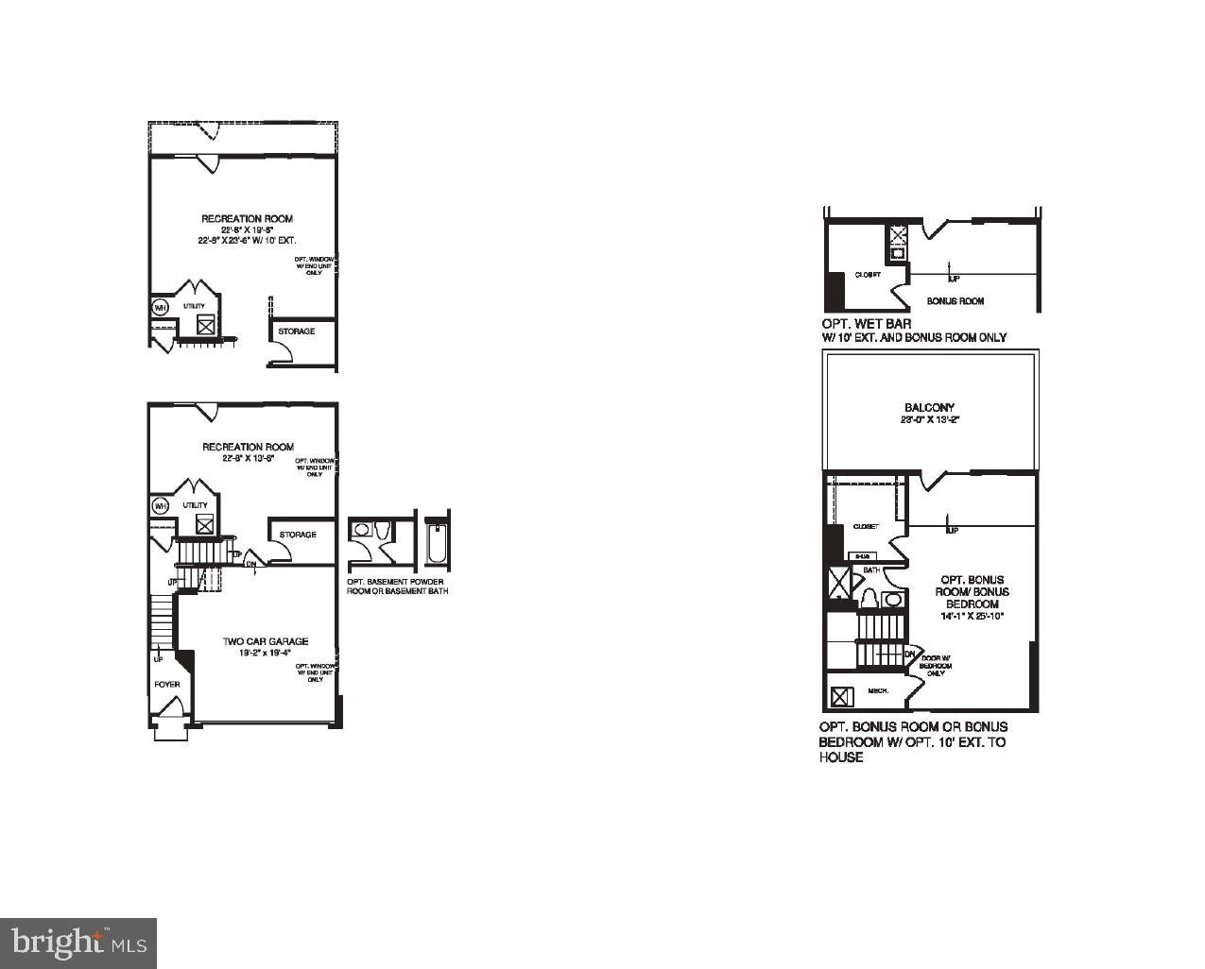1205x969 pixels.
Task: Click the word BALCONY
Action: click(x=929, y=408)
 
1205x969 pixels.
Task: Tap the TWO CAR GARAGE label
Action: click(x=266, y=642)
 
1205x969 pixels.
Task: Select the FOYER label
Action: click(x=167, y=684)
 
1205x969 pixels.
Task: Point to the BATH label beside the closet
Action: click(x=871, y=570)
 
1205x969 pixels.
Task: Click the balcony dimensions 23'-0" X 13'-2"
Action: click(x=929, y=420)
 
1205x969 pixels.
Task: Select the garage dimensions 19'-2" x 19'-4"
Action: click(x=266, y=653)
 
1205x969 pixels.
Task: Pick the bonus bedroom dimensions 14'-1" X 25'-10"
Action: click(x=972, y=616)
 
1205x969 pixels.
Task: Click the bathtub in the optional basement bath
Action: click(x=436, y=546)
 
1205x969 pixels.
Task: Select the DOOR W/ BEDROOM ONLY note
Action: click(x=936, y=665)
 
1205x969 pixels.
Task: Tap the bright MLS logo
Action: click(x=78, y=942)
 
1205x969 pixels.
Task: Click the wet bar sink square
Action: click(x=896, y=253)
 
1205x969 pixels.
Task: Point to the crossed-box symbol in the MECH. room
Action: click(x=840, y=697)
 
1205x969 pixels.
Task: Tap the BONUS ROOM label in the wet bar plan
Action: click(x=955, y=301)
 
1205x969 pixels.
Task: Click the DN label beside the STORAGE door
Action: click(x=251, y=565)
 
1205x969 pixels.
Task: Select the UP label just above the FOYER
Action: click(x=158, y=659)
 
